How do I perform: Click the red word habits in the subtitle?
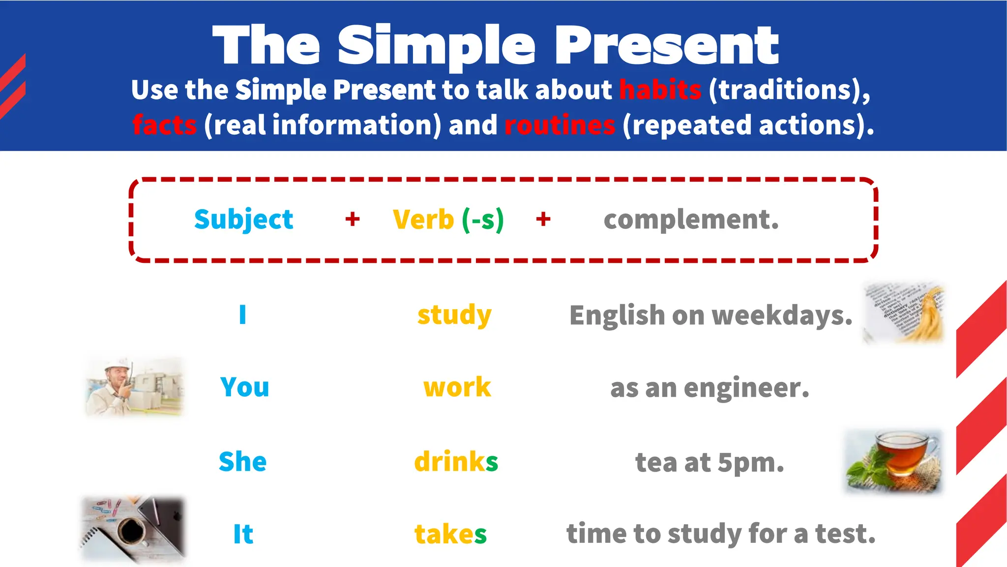(660, 90)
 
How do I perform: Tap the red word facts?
(164, 125)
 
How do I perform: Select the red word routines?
(560, 125)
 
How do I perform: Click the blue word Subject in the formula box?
(243, 220)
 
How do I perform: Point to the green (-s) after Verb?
(483, 220)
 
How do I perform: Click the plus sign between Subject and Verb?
(352, 219)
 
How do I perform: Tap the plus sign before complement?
(543, 219)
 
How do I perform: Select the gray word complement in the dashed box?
(691, 220)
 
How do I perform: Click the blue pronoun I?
(242, 315)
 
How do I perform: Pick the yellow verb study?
(454, 315)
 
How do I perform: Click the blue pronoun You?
(244, 387)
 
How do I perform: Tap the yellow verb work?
(457, 387)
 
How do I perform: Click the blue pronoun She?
(242, 462)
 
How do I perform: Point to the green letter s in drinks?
(492, 462)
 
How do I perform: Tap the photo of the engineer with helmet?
(134, 387)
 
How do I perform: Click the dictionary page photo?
(904, 313)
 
